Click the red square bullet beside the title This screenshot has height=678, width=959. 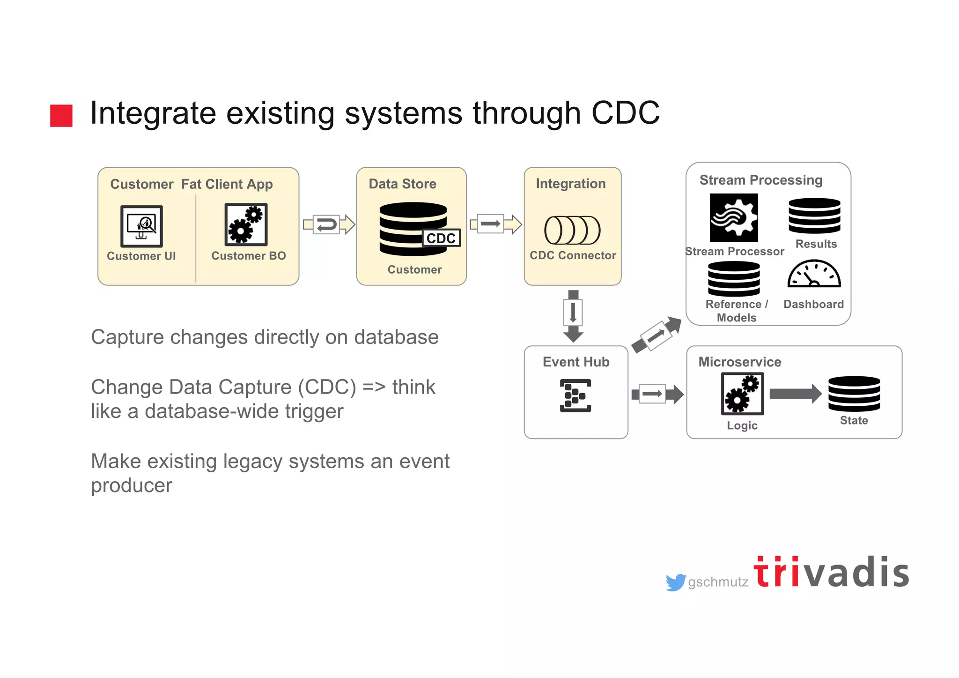pyautogui.click(x=61, y=115)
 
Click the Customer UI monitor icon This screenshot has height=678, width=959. pyautogui.click(x=141, y=226)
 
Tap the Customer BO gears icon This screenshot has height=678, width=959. pyautogui.click(x=246, y=225)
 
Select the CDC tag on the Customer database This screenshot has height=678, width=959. pyautogui.click(x=441, y=238)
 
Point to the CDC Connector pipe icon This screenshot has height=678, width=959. pyautogui.click(x=572, y=230)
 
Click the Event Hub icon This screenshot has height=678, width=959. pyautogui.click(x=575, y=395)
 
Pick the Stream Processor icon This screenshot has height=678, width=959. pyautogui.click(x=733, y=218)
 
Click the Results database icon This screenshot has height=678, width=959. pyautogui.click(x=814, y=216)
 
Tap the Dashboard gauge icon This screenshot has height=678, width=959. pyautogui.click(x=814, y=275)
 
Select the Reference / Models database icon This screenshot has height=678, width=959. pyautogui.click(x=734, y=279)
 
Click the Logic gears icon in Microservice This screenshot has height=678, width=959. pyautogui.click(x=742, y=394)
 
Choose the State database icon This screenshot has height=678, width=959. pyautogui.click(x=854, y=394)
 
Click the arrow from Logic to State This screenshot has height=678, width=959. pyautogui.click(x=795, y=394)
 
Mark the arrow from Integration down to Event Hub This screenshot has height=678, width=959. pyautogui.click(x=573, y=315)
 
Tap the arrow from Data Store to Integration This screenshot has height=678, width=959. pyautogui.click(x=495, y=224)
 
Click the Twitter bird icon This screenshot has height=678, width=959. pyautogui.click(x=676, y=582)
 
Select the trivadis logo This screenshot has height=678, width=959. pyautogui.click(x=831, y=572)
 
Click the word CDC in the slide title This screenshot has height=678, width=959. pyautogui.click(x=625, y=113)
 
